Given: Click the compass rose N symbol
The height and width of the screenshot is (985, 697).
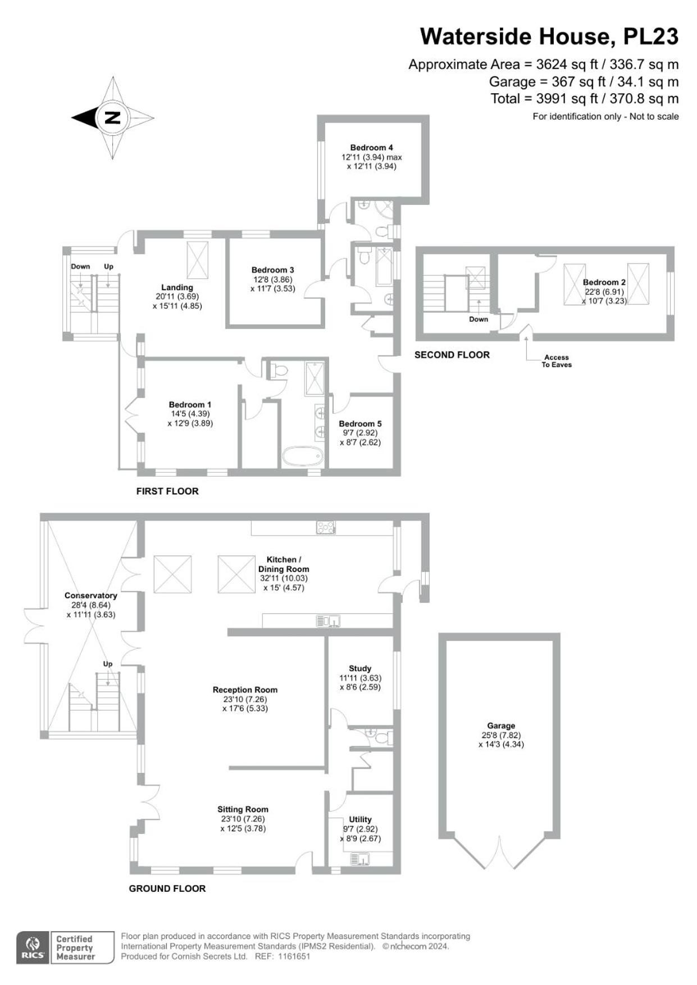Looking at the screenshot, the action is point(113,118).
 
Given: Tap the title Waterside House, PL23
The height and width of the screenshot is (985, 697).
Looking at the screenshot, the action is point(549,37).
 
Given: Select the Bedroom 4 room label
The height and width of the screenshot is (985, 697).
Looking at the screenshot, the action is point(372,148).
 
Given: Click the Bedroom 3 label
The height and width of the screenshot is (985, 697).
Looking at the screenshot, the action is point(272,270).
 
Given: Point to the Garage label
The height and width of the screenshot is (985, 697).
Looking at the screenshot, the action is point(501,726).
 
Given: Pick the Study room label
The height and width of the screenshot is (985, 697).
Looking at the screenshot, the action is point(360,668).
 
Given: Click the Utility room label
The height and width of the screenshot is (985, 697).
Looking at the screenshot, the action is point(360,819).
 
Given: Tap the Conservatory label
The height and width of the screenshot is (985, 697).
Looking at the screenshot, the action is point(91,595).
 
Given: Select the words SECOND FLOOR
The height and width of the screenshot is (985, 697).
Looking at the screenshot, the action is point(452,355).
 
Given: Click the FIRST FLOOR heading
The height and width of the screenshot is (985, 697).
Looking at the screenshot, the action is point(167,491).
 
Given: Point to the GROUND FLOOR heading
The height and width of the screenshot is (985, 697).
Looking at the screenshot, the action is point(167,888).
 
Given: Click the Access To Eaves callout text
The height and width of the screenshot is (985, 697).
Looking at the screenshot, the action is point(557,361).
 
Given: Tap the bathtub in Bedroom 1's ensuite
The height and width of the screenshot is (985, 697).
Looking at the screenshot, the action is point(303,456).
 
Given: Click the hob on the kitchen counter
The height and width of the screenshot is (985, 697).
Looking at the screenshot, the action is point(326,527).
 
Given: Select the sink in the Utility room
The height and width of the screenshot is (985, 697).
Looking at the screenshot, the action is point(360,859).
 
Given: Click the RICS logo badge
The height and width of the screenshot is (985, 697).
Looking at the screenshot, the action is point(33,948).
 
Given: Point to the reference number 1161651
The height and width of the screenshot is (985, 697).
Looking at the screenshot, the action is point(294,956).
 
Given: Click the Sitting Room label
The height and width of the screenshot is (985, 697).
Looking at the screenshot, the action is point(243,809).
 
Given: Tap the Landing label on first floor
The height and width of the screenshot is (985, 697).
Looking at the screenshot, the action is point(177,288).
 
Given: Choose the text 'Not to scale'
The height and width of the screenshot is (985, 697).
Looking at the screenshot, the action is point(654,117).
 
